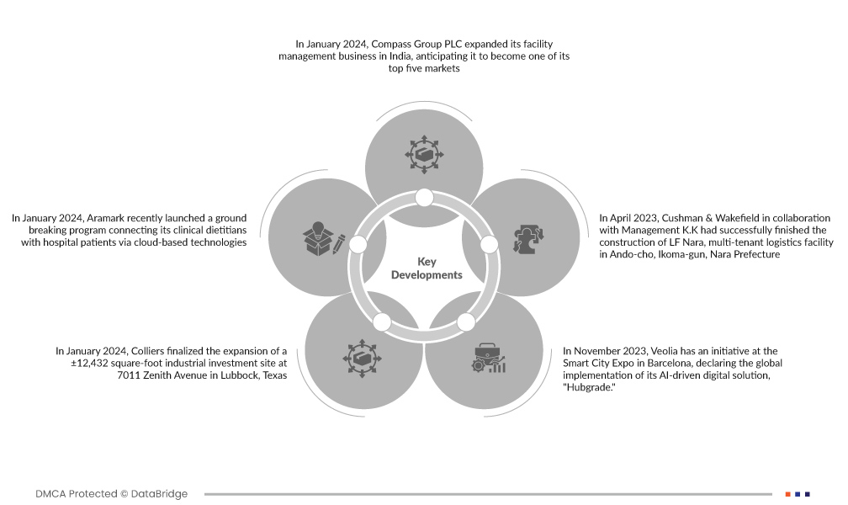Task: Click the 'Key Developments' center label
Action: click(427, 268)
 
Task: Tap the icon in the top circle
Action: click(423, 154)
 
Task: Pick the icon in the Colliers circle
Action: click(361, 359)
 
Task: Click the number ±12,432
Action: click(82, 363)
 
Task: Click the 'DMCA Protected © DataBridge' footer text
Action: click(112, 494)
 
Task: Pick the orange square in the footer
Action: click(787, 494)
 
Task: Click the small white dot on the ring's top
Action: click(424, 198)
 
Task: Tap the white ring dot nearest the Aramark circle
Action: click(358, 244)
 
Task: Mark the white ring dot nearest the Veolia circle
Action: click(465, 322)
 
